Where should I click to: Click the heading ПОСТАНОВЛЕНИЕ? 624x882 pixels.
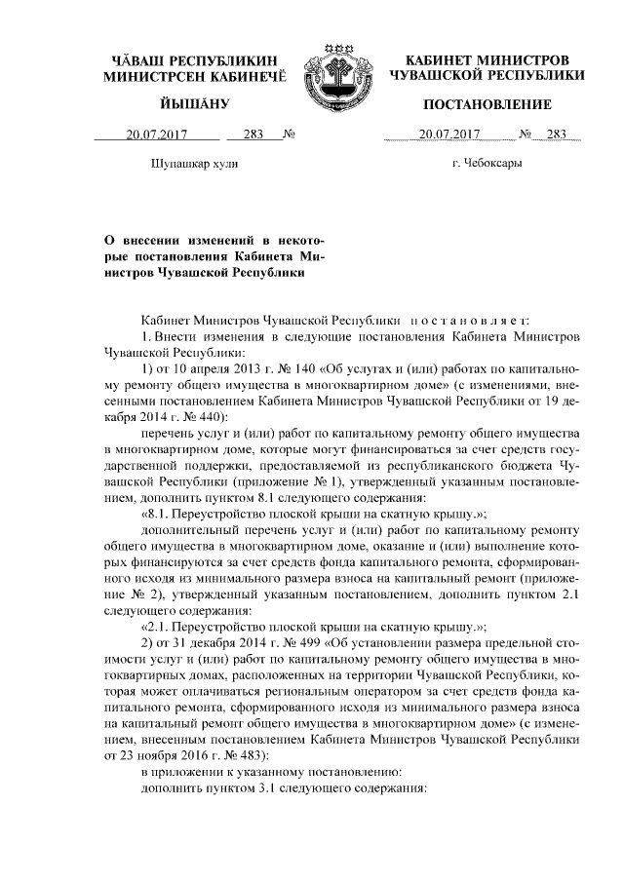pyautogui.click(x=487, y=104)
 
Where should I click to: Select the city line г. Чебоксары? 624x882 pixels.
pyautogui.click(x=487, y=163)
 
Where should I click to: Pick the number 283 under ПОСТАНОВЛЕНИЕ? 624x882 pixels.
pyautogui.click(x=557, y=134)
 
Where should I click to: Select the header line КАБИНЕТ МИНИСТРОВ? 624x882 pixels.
pyautogui.click(x=487, y=60)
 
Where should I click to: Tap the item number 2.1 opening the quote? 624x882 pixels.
pyautogui.click(x=161, y=628)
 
